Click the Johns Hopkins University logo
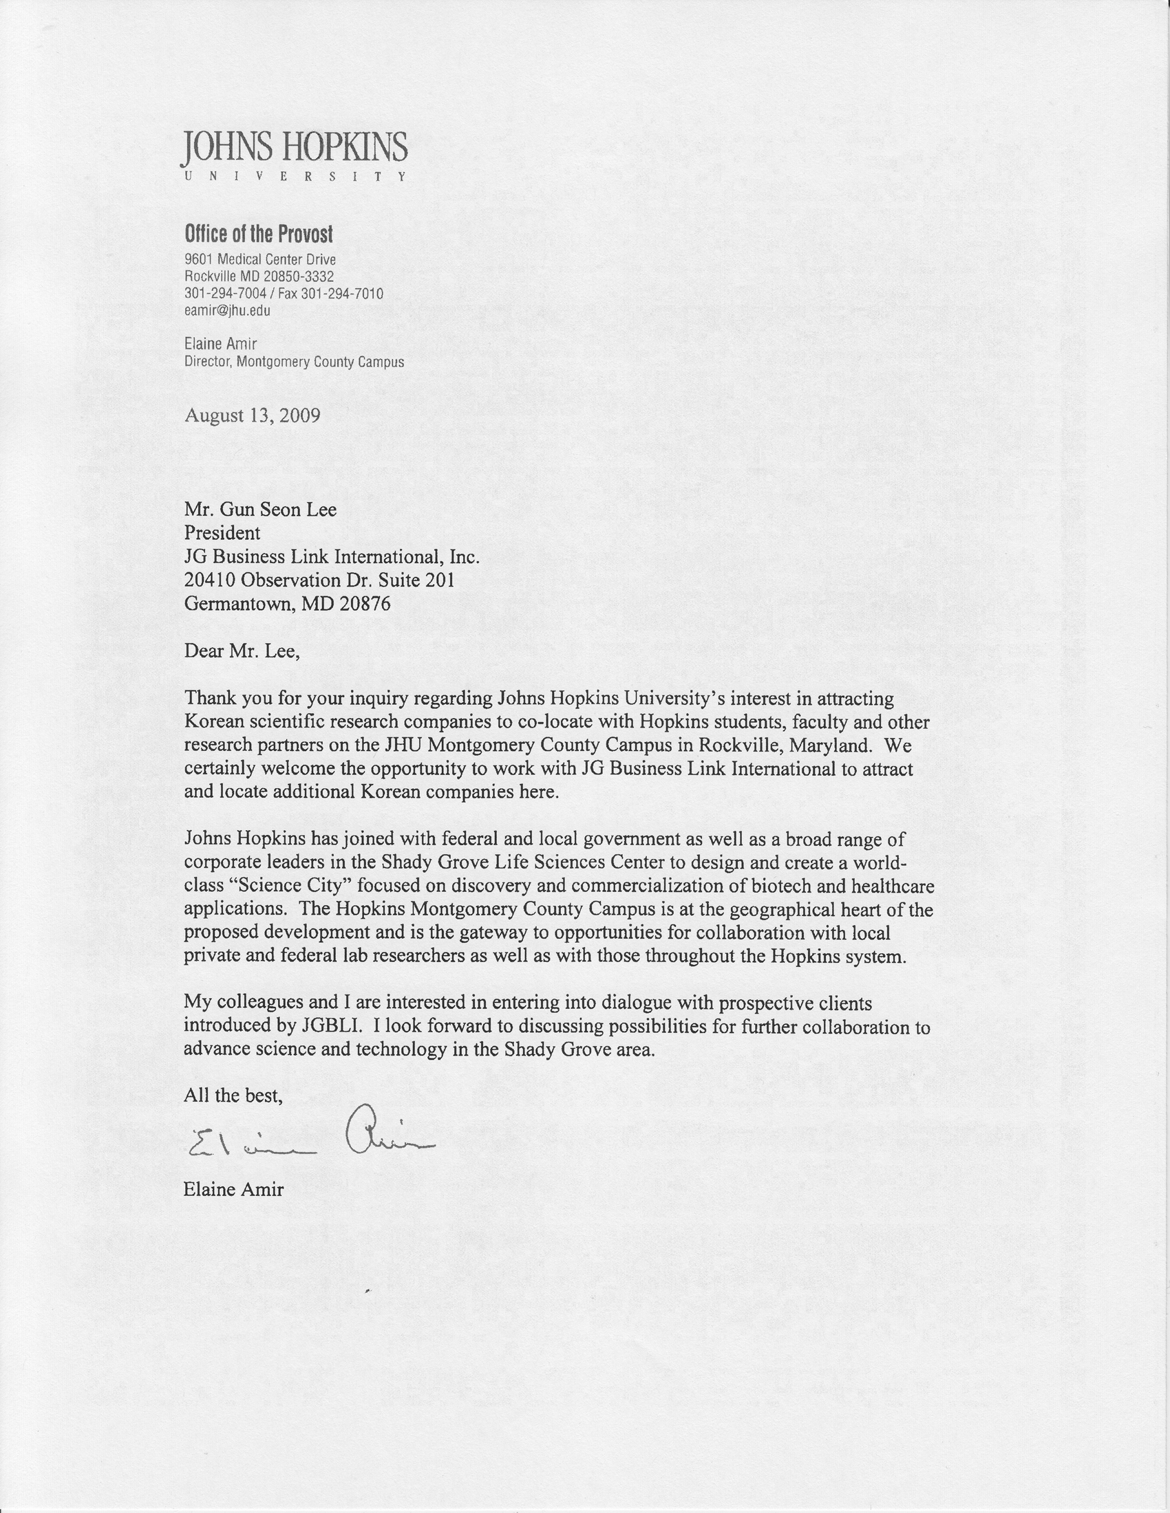coord(295,155)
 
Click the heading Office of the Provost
coord(259,234)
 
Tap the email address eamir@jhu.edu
coord(227,310)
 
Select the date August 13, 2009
coord(253,415)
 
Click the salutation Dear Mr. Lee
coord(242,651)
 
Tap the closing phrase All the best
coord(233,1096)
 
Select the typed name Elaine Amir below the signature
coord(233,1190)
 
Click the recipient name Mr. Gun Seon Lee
coord(260,510)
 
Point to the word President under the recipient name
coord(222,533)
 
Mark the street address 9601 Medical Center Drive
coord(260,260)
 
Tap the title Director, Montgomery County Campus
coord(294,362)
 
